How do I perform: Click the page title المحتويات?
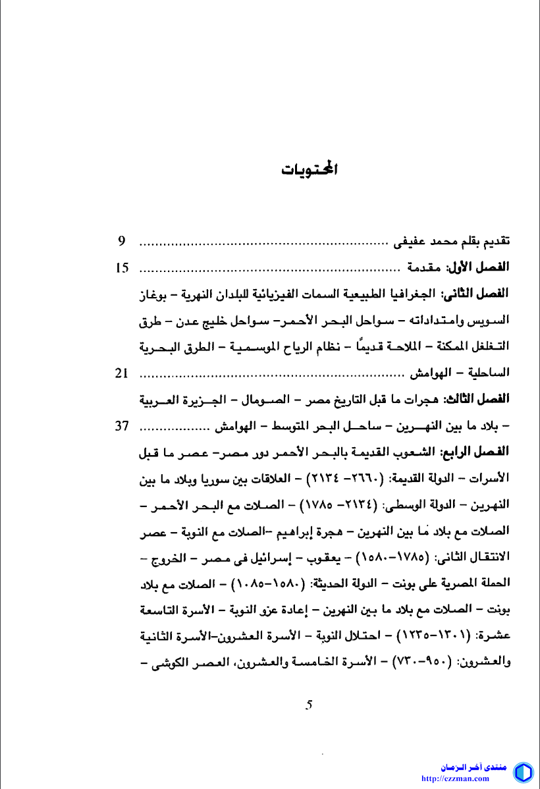pyautogui.click(x=310, y=169)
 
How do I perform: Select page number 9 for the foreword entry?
pyautogui.click(x=122, y=241)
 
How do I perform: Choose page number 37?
pyautogui.click(x=122, y=425)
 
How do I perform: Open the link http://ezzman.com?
pyautogui.click(x=464, y=778)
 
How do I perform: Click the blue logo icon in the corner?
pyautogui.click(x=523, y=772)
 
